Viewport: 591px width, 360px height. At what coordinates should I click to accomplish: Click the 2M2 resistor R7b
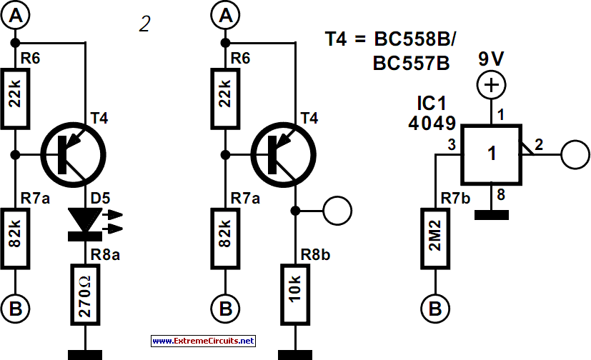tap(435, 239)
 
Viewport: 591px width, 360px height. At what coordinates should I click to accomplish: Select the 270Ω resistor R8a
tap(85, 294)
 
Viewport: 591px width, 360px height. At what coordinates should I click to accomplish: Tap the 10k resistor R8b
tap(295, 294)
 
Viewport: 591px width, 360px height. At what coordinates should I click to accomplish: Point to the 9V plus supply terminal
tap(491, 85)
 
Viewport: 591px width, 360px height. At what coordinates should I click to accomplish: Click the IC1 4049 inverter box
tap(492, 154)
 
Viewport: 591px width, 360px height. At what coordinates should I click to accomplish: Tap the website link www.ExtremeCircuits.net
tap(203, 341)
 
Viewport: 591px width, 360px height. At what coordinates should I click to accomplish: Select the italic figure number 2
tap(145, 24)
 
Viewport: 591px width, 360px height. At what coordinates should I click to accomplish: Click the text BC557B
tap(411, 63)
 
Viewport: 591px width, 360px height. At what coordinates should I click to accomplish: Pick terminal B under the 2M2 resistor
tap(435, 309)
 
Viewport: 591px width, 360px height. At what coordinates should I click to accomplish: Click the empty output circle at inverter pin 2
tap(575, 154)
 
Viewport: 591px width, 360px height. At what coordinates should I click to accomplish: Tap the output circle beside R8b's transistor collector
tap(337, 211)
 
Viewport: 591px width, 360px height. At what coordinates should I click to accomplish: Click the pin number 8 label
tap(501, 195)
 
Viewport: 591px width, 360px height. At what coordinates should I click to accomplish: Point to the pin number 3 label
tap(451, 144)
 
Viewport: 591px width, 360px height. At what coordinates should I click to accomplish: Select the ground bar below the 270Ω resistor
tap(85, 355)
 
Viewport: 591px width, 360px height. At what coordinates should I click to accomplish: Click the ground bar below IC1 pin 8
tap(492, 215)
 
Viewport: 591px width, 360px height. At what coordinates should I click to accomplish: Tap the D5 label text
tap(100, 198)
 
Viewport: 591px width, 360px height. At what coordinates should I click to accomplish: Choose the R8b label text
tap(315, 255)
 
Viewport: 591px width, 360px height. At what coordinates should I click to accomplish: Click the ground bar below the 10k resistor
tap(295, 355)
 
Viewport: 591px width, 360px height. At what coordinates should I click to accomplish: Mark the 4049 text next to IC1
tap(432, 123)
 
